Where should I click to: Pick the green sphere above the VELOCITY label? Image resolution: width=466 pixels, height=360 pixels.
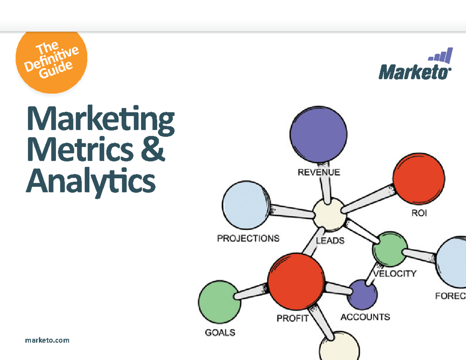pos(390,249)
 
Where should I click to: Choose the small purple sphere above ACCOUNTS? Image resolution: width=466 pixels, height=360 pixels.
pos(362,294)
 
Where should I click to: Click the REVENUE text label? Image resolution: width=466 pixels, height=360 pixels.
pos(319,172)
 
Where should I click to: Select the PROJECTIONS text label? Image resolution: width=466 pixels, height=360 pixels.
pos(248,238)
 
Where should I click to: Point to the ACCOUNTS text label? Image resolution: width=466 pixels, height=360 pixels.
pos(365,317)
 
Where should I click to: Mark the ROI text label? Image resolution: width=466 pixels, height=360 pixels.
pos(419,213)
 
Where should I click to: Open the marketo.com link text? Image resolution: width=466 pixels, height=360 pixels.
pos(47,340)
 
